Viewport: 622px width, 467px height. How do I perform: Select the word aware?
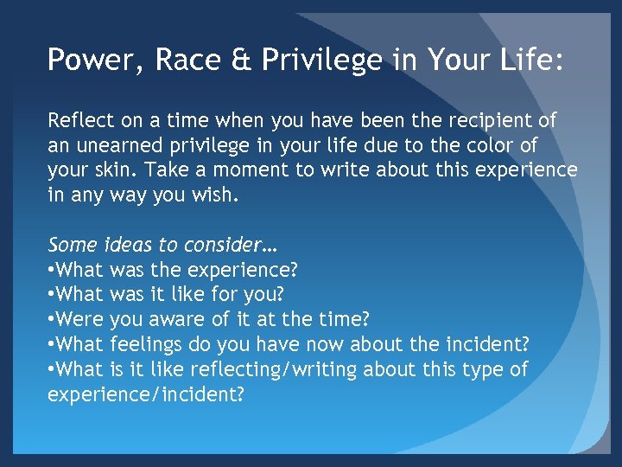176,319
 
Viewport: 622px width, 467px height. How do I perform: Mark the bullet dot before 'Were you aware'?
52,320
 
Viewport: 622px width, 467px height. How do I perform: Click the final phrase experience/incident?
146,393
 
